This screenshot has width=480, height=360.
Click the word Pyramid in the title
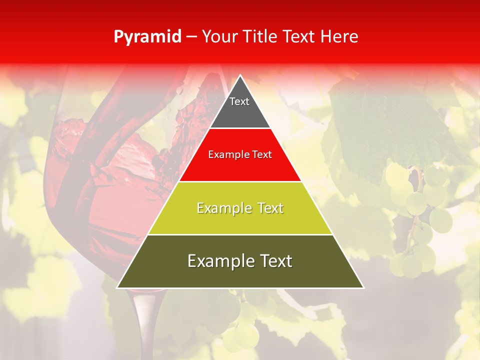point(147,37)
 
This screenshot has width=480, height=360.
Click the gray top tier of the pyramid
point(240,107)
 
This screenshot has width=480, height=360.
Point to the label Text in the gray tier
point(239,101)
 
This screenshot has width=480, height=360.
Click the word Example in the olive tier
point(218,261)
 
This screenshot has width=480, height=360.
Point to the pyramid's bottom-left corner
point(117,287)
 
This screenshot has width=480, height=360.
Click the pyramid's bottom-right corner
point(363,287)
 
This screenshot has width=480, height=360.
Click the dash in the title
point(191,37)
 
